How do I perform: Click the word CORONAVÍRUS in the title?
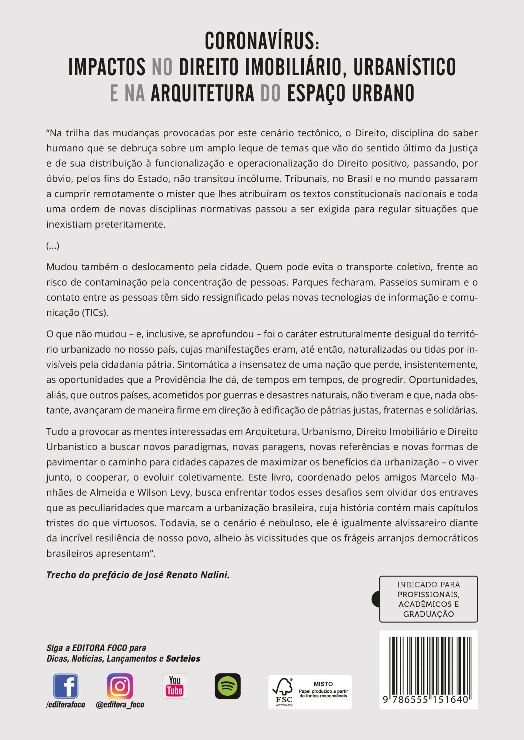(261, 41)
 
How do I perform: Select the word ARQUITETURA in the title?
(203, 93)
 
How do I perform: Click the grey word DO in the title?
(270, 93)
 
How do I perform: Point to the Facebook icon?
(65, 686)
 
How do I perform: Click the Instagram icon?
(120, 686)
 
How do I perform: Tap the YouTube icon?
(175, 686)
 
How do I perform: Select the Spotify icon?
(227, 686)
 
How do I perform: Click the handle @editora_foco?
(120, 705)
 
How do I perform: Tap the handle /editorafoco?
(66, 705)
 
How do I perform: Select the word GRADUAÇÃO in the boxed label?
(429, 614)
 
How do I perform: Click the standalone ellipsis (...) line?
(53, 246)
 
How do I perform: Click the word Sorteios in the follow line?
(183, 658)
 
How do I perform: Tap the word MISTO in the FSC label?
(323, 684)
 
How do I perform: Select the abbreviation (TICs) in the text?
(95, 313)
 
